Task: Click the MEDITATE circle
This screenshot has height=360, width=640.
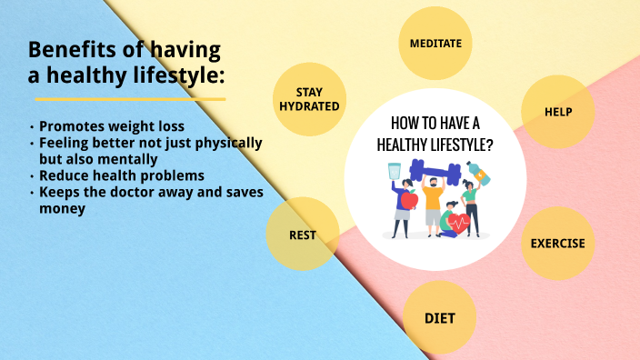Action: pos(435,43)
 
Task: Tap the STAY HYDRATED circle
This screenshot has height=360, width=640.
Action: pos(310,99)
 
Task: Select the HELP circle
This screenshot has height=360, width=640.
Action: pos(557,112)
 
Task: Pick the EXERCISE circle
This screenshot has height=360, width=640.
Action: pos(557,244)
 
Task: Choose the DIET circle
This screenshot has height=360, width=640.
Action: pos(439,318)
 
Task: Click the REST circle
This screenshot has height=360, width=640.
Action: pos(303,235)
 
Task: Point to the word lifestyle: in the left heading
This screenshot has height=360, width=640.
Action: pos(172,75)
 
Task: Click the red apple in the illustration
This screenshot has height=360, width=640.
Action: pos(410,199)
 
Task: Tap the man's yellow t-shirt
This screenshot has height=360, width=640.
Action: pos(434,199)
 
